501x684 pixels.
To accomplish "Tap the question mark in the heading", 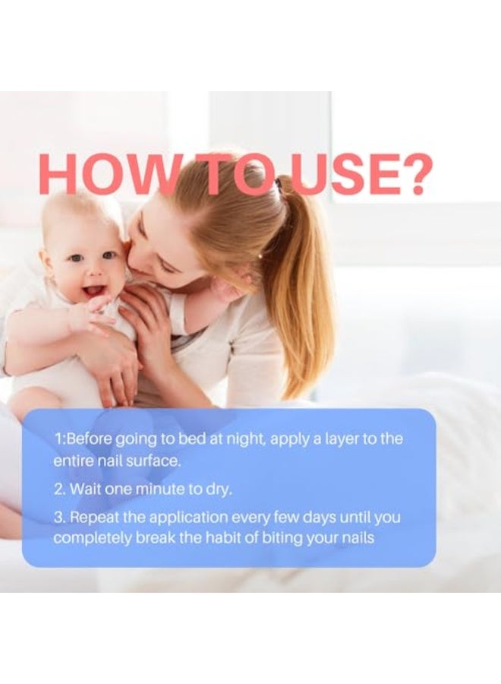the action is (x=412, y=175).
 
